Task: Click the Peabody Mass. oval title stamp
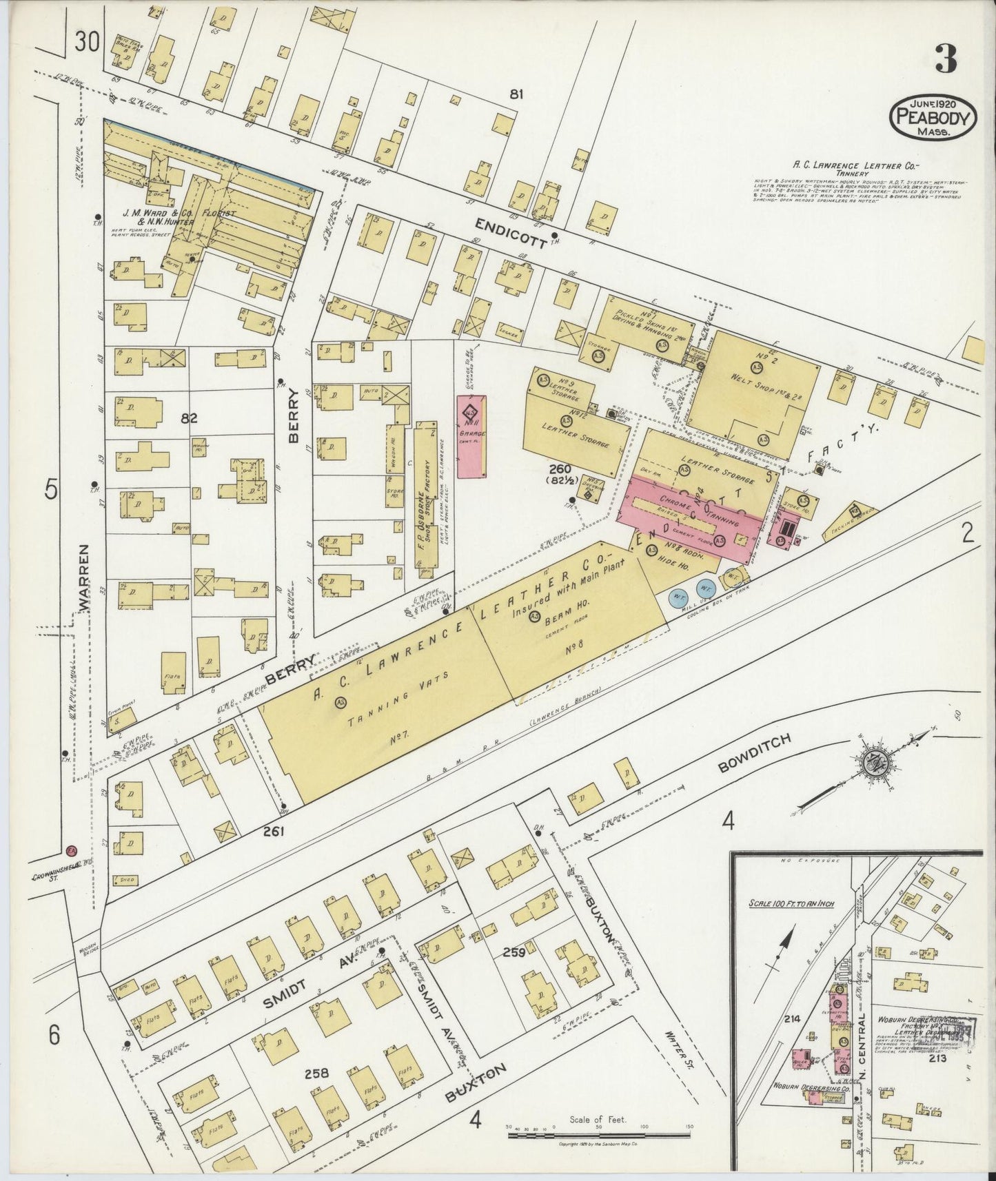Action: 933,117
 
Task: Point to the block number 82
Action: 188,418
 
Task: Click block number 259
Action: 514,954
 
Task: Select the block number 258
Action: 315,1073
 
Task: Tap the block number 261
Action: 274,832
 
